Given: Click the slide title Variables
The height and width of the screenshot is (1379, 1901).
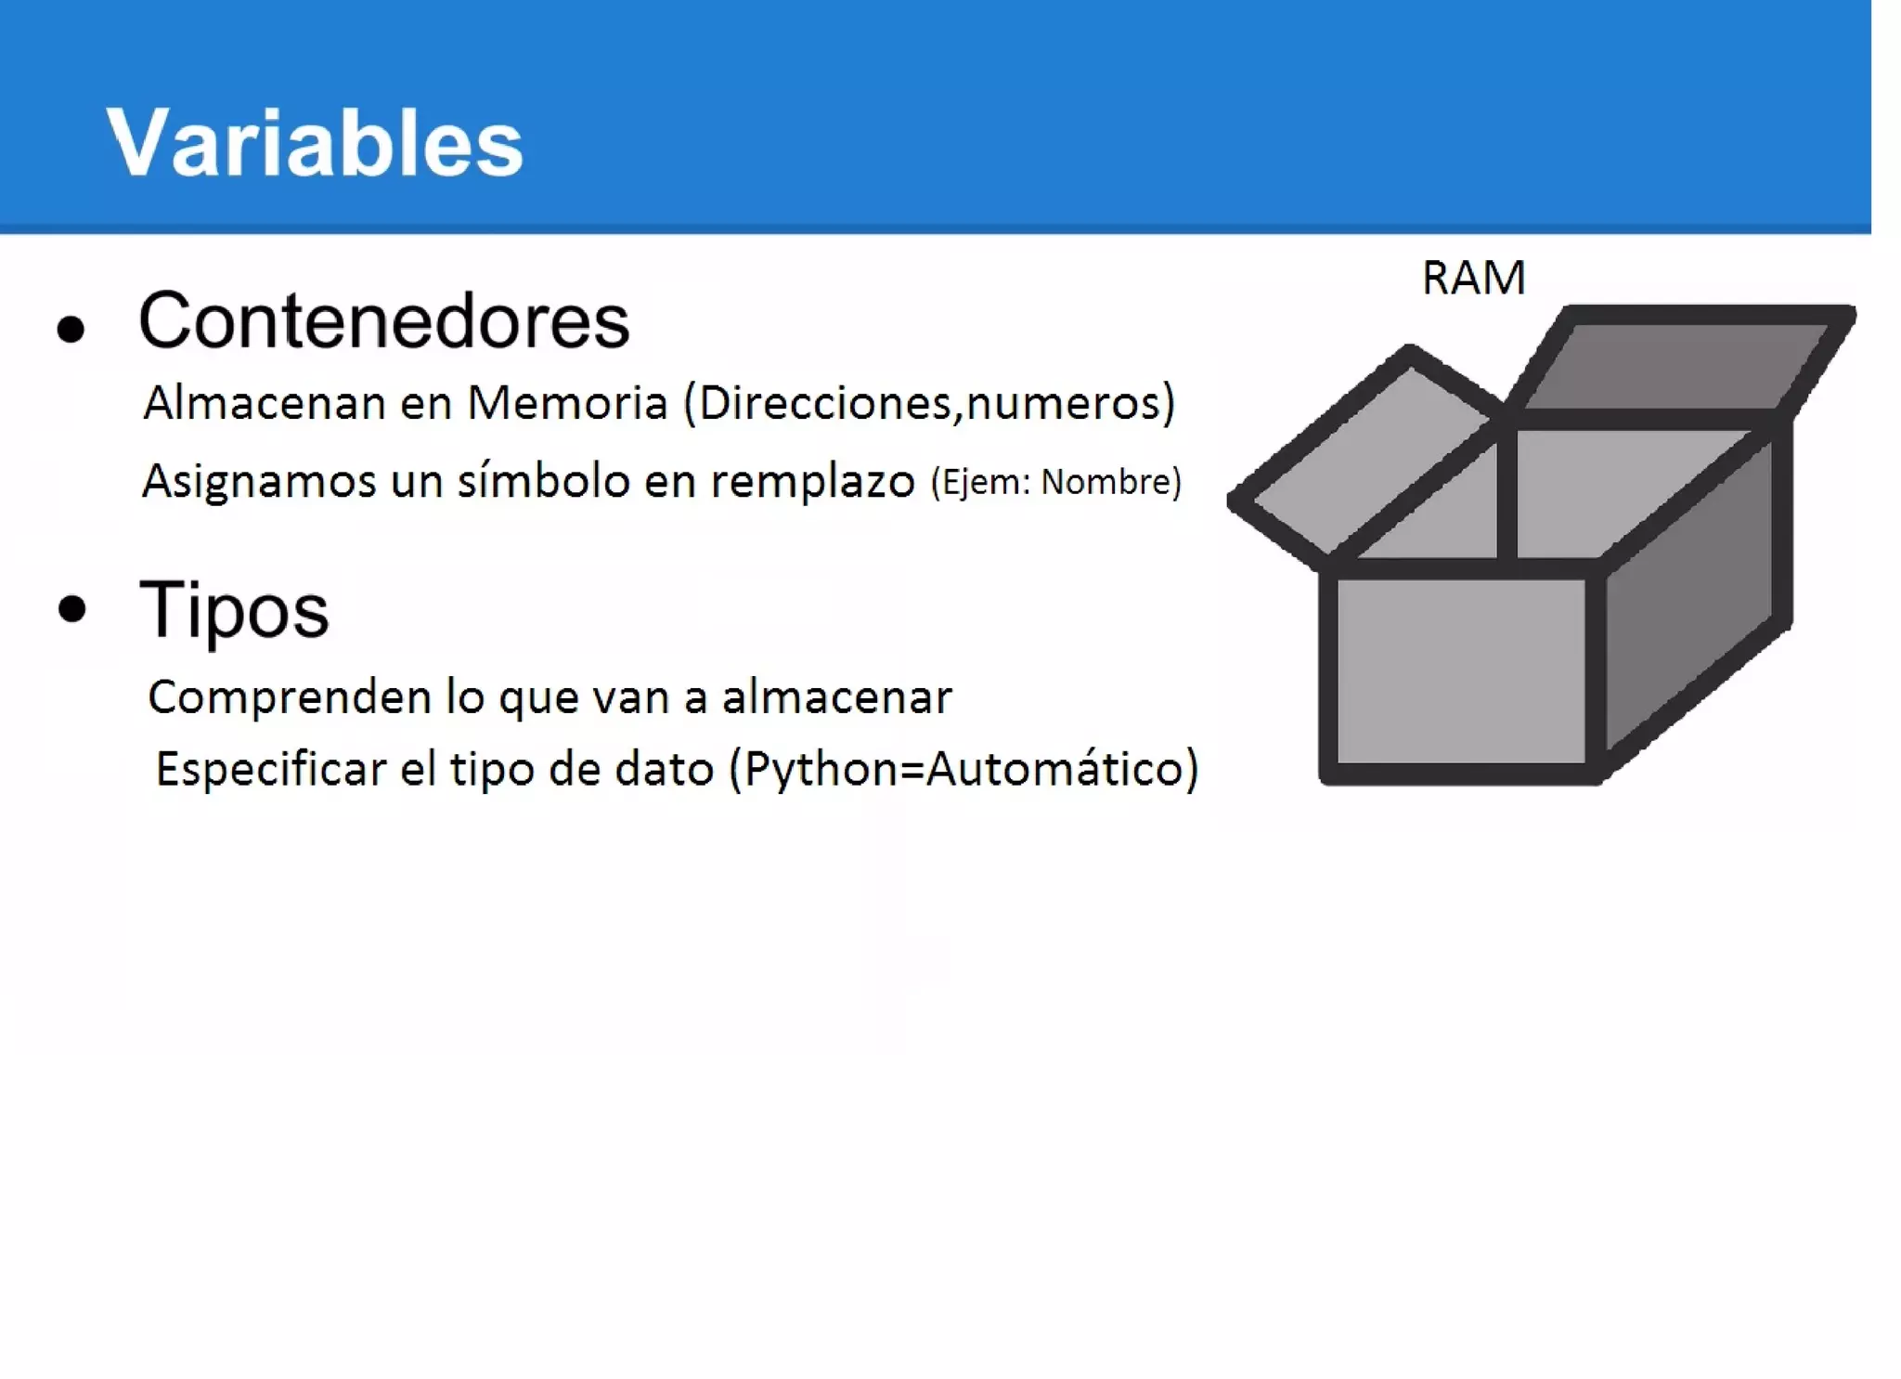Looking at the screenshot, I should (315, 142).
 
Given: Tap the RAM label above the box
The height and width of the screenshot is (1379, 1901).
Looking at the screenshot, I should (1473, 278).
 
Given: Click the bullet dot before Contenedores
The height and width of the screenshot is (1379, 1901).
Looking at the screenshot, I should (71, 329).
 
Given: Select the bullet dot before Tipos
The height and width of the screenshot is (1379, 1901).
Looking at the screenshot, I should (71, 609).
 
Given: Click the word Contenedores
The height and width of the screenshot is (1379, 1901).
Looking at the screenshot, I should (383, 321).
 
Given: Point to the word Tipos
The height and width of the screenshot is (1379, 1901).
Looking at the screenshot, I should (234, 610).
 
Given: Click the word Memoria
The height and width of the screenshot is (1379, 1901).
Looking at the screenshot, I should (567, 403).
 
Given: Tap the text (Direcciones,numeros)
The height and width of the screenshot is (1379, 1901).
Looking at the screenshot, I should (929, 403).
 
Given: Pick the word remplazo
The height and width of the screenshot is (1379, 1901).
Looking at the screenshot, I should (813, 481).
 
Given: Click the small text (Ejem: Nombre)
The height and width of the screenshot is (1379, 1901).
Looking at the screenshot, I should (1056, 482).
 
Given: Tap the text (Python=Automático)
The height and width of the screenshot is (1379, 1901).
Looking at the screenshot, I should (964, 769).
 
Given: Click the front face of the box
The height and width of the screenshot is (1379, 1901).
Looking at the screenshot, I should (1460, 670).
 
